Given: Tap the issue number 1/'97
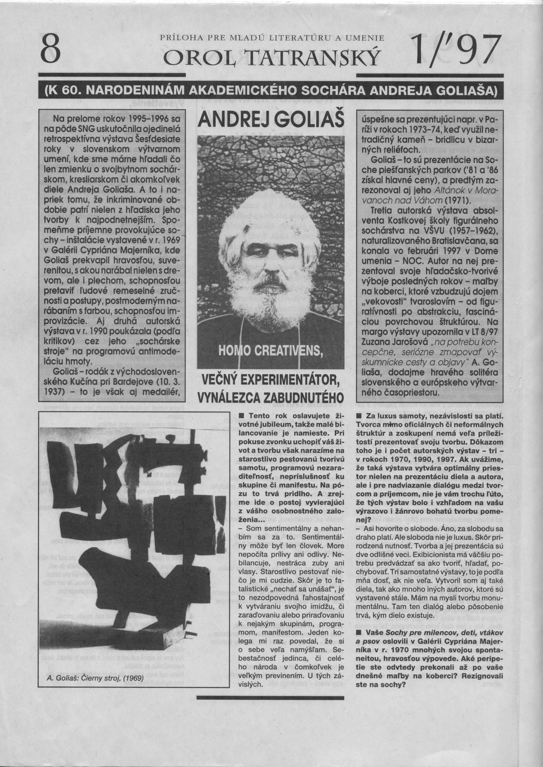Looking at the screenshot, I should click(x=456, y=50).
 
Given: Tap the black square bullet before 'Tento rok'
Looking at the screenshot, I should click(x=242, y=416).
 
